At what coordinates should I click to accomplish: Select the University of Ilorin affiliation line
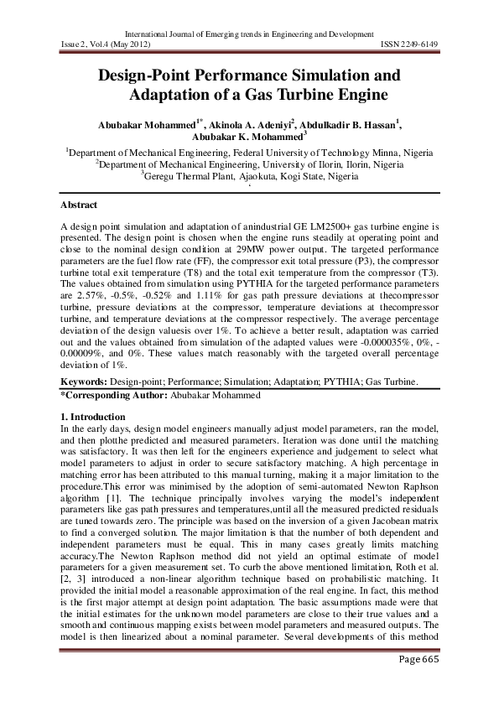coord(249,164)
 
